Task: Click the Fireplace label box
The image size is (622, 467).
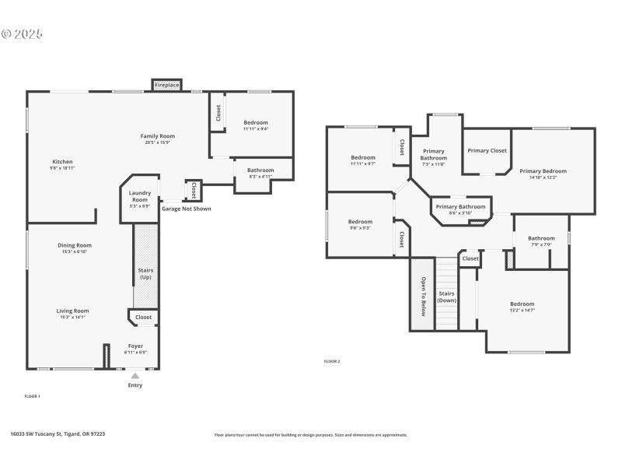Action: (166, 84)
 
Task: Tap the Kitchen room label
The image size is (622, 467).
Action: (62, 162)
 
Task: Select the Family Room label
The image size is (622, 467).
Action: (158, 136)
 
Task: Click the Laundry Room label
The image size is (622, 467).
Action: (140, 196)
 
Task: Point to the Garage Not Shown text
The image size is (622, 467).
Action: (186, 209)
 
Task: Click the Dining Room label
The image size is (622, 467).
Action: (75, 245)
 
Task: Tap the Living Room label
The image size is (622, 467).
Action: (75, 311)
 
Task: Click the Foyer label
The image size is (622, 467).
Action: (135, 346)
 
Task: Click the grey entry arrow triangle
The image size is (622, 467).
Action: (135, 375)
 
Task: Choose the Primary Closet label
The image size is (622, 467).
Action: (487, 150)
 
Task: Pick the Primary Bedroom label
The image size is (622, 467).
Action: (543, 170)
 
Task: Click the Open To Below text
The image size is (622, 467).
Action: (424, 296)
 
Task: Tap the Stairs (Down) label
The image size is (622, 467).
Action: (446, 297)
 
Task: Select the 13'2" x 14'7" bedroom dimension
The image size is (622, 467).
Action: (522, 311)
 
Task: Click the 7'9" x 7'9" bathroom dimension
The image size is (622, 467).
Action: (540, 244)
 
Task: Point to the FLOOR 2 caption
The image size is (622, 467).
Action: (332, 361)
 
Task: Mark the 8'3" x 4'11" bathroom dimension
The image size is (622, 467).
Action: (260, 177)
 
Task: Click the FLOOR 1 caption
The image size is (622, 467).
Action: (32, 396)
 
